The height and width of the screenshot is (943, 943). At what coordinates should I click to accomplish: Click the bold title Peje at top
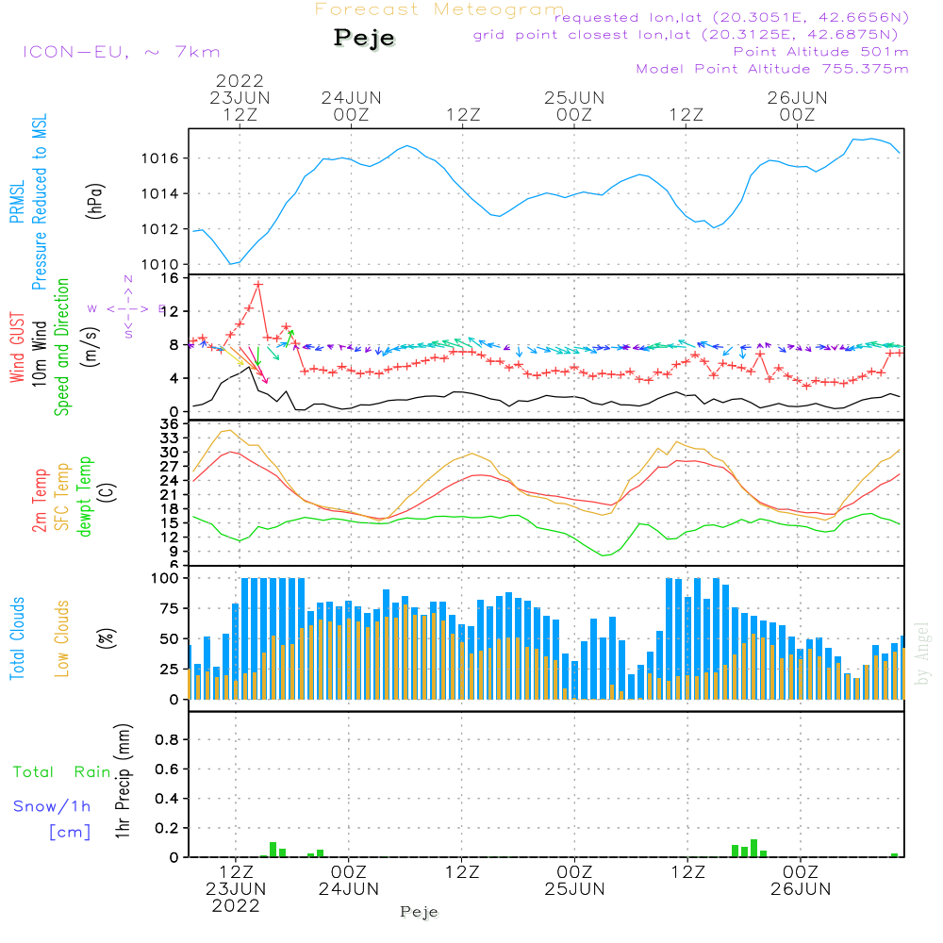tap(364, 39)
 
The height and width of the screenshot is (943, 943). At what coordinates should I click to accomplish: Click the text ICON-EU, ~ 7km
tap(121, 52)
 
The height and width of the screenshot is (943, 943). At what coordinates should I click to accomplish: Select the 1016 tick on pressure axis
tap(166, 157)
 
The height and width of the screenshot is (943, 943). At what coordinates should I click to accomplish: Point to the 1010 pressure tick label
tap(166, 264)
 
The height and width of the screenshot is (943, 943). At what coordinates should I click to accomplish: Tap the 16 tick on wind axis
tap(171, 278)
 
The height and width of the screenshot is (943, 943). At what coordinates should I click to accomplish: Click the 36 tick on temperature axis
tap(171, 424)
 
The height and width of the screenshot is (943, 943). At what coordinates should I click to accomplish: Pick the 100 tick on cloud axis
tap(166, 577)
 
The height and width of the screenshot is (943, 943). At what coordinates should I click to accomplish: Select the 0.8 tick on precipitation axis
tap(167, 739)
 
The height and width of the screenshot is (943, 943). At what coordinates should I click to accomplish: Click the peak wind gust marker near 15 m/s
tap(257, 284)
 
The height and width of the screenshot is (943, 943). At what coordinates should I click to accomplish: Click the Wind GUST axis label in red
tap(18, 349)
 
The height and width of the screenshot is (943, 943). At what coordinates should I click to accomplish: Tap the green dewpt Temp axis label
tap(85, 497)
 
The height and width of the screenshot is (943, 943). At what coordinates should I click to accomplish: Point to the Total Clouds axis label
tap(18, 638)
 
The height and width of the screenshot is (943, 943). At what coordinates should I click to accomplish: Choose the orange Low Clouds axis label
tap(62, 638)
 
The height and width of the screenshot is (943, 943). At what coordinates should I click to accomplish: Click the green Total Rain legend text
tap(61, 772)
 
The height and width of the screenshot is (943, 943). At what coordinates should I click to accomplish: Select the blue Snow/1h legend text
tap(52, 806)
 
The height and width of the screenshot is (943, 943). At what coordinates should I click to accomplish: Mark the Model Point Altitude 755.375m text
tap(771, 69)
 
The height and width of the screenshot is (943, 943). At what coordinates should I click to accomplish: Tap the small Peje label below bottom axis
tap(420, 912)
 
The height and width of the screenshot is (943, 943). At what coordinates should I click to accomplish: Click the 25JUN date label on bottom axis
tap(574, 888)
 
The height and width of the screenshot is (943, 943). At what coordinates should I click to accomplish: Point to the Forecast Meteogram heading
tap(439, 9)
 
